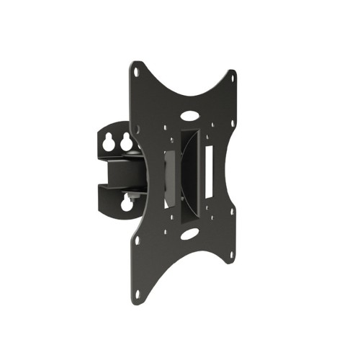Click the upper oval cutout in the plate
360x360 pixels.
(x=189, y=113)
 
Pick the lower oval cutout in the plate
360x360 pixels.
(x=189, y=234)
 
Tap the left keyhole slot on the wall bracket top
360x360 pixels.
(x=109, y=143)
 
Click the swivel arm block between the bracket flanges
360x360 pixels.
(x=123, y=173)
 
